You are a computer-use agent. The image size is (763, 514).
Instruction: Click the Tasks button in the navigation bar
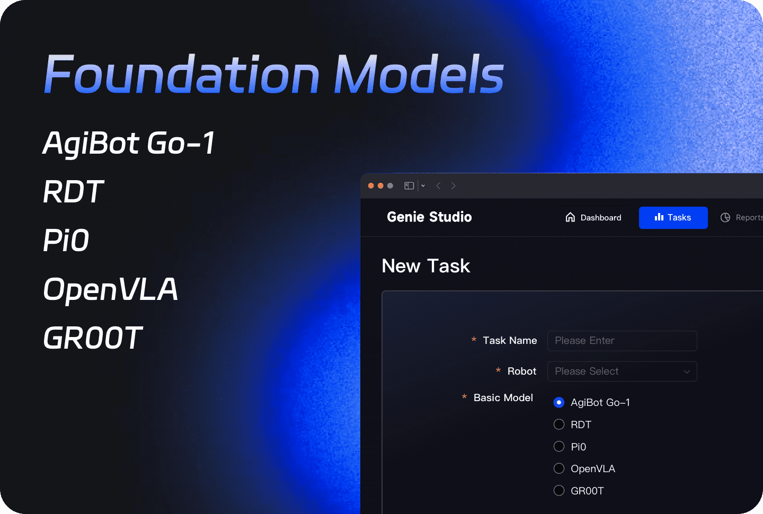pyautogui.click(x=673, y=218)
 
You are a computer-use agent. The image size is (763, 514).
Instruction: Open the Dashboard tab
pyautogui.click(x=593, y=218)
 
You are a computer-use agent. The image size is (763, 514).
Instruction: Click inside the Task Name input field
pyautogui.click(x=622, y=341)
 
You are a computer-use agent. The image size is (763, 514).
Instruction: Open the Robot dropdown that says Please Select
pyautogui.click(x=622, y=371)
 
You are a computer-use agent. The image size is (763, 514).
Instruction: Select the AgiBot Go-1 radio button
pyautogui.click(x=559, y=403)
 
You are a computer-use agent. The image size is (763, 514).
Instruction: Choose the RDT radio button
pyautogui.click(x=559, y=424)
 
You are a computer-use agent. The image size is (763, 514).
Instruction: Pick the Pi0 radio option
pyautogui.click(x=559, y=447)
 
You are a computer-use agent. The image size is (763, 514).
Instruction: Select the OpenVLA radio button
pyautogui.click(x=559, y=468)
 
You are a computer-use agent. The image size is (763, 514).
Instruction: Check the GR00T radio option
pyautogui.click(x=559, y=491)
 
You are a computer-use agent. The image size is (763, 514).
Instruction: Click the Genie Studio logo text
pyautogui.click(x=429, y=217)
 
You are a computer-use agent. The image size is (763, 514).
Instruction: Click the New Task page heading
pyautogui.click(x=426, y=266)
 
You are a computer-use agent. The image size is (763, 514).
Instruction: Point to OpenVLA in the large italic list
pyautogui.click(x=110, y=289)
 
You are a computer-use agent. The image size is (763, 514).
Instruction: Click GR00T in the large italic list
pyautogui.click(x=93, y=338)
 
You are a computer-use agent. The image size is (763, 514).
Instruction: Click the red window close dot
pyautogui.click(x=371, y=186)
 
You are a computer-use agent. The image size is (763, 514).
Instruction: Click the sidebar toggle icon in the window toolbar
pyautogui.click(x=409, y=186)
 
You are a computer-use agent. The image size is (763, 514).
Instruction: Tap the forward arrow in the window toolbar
pyautogui.click(x=454, y=186)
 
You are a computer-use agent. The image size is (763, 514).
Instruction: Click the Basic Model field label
pyautogui.click(x=503, y=398)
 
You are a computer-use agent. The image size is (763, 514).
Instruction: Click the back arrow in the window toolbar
pyautogui.click(x=438, y=186)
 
